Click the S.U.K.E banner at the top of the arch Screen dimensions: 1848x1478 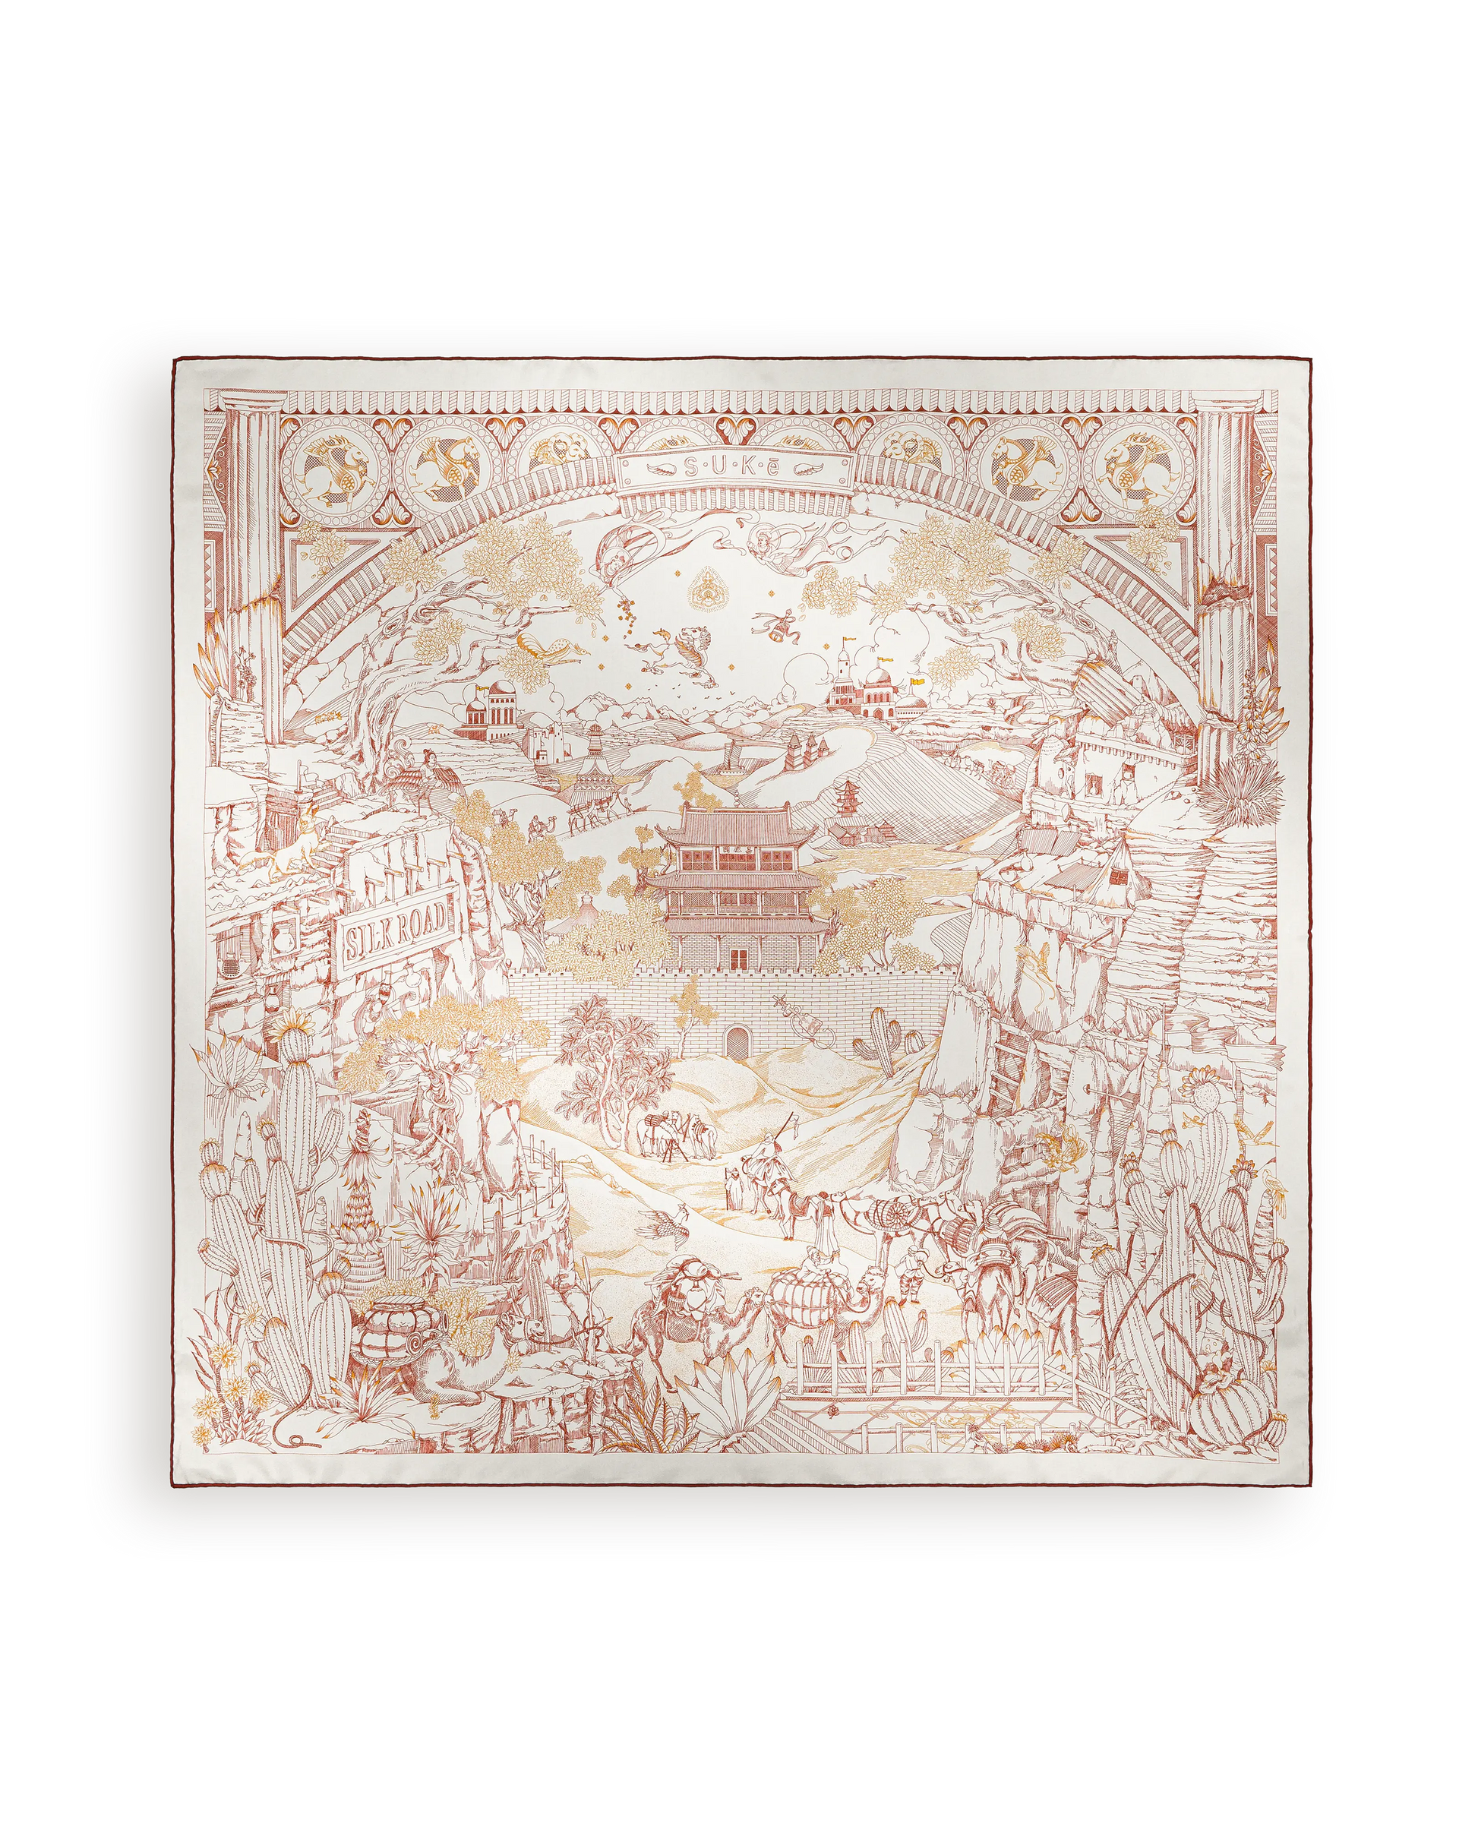[738, 469]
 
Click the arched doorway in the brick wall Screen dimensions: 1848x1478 [735, 1042]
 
